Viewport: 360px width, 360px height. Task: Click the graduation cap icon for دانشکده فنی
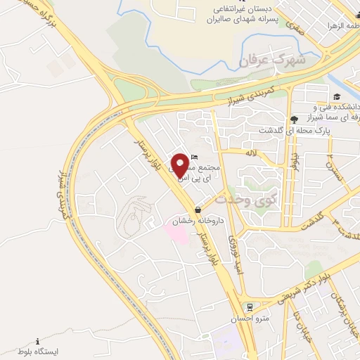click(337, 97)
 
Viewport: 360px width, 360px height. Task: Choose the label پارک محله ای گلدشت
click(307, 131)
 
